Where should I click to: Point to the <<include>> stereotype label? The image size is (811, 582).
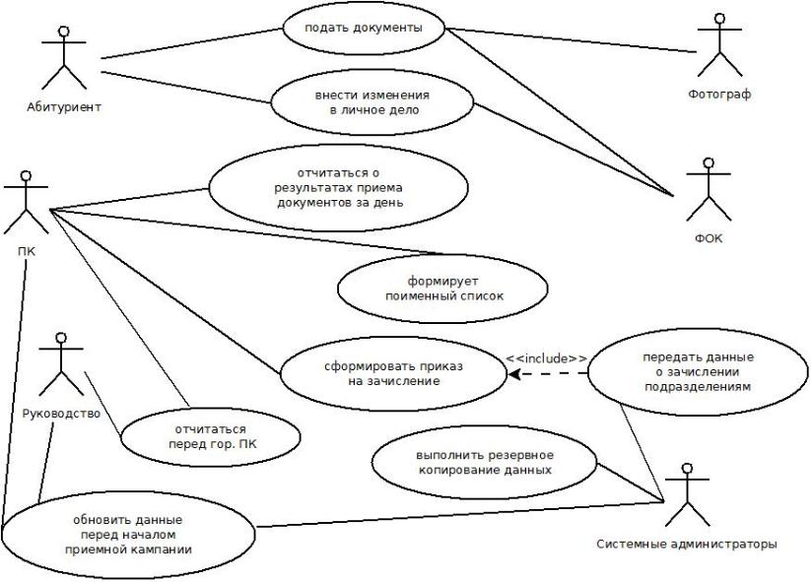(546, 358)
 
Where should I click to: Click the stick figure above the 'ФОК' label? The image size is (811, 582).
(702, 192)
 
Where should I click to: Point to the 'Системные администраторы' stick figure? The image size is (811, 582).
(686, 497)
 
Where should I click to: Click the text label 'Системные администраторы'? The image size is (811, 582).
(688, 543)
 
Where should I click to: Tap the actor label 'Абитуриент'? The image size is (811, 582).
(63, 105)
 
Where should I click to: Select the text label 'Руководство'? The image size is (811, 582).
(61, 414)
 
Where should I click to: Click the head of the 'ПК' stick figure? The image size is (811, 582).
(27, 176)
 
